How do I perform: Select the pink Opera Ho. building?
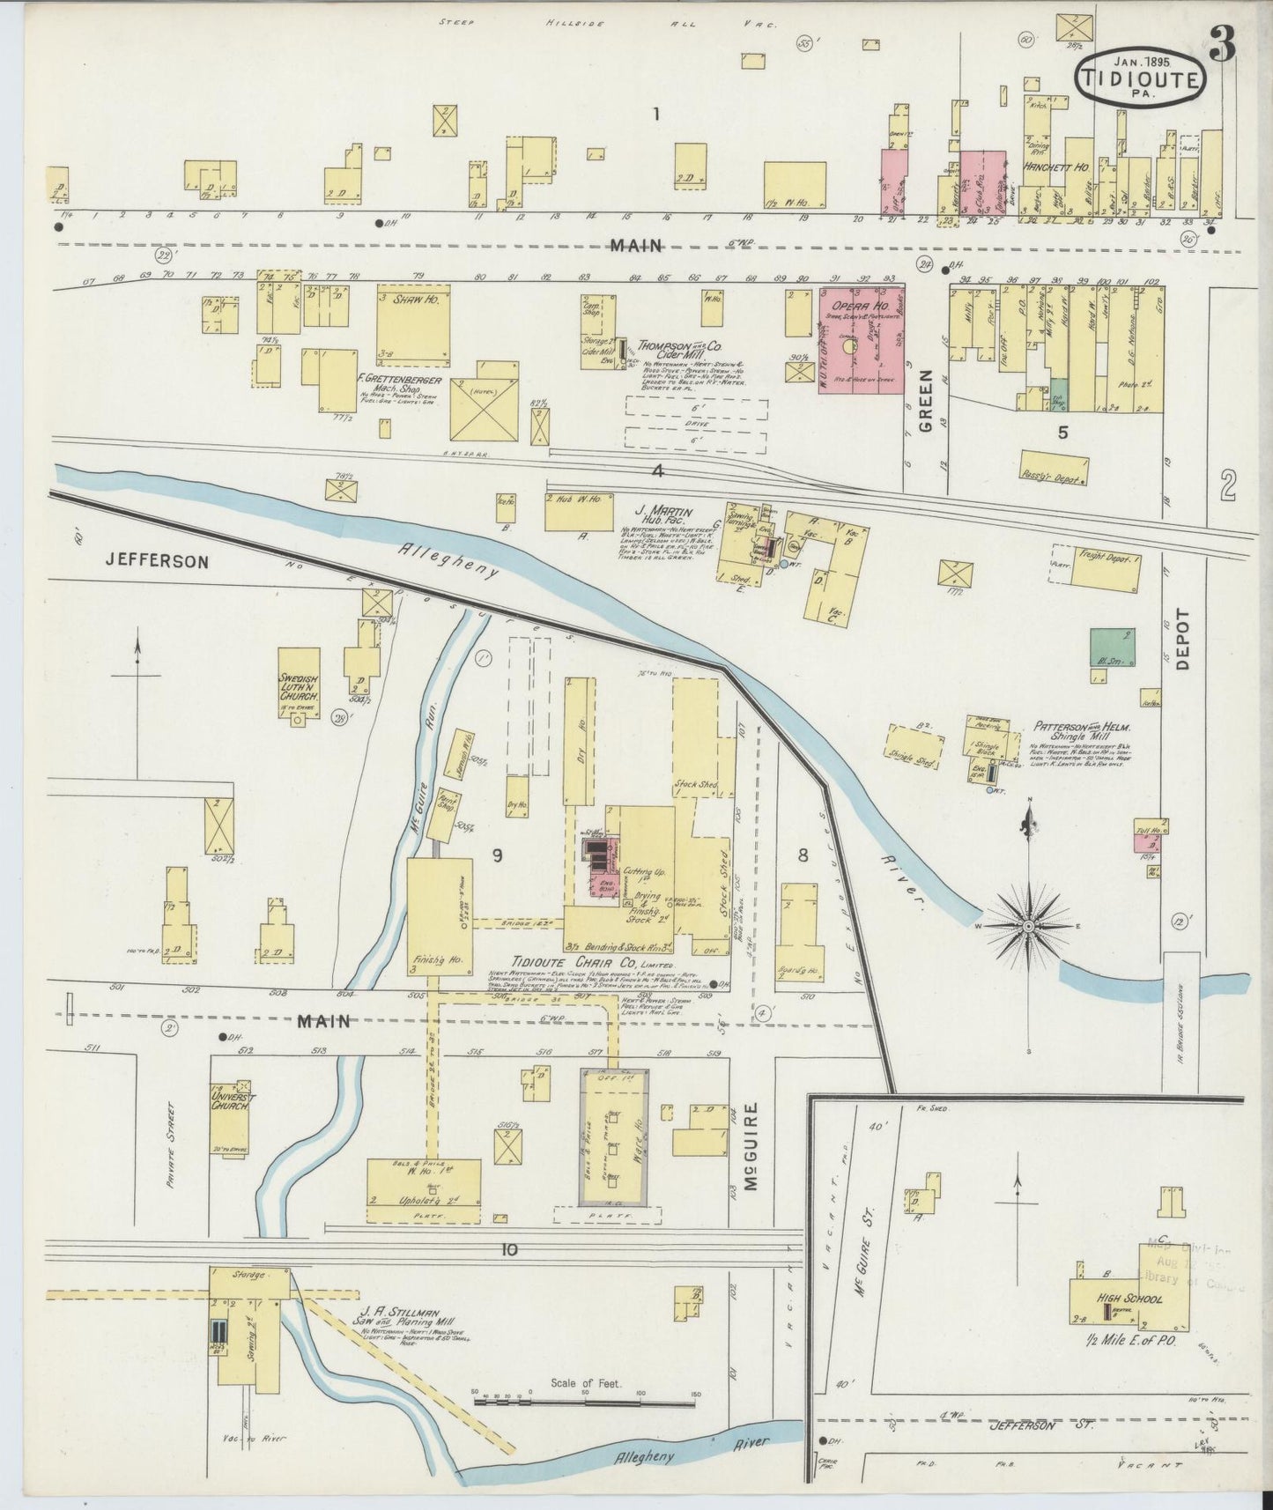coord(862,339)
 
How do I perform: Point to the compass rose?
coord(1028,927)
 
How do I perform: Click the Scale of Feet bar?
coord(586,1398)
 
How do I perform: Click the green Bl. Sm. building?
coord(1112,647)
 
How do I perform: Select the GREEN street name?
coord(926,411)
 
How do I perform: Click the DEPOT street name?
coord(1181,640)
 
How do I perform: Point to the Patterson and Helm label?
coord(1081,728)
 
